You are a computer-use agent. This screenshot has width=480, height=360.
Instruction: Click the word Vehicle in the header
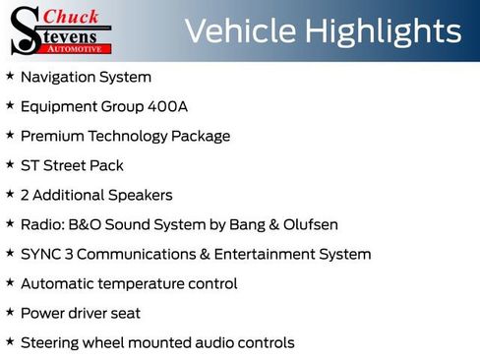[239, 31]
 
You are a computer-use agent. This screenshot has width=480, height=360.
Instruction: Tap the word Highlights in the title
[382, 31]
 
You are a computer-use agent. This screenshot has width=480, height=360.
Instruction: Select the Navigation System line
[86, 77]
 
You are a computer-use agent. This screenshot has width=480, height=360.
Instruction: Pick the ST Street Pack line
[72, 165]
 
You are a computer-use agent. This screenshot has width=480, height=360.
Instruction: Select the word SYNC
[39, 254]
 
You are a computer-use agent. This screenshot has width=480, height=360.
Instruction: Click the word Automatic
[58, 283]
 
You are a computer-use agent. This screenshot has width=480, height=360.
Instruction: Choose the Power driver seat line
[80, 313]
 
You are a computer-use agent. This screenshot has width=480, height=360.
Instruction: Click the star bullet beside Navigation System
[10, 76]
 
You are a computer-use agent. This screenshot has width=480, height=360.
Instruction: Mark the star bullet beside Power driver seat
[10, 312]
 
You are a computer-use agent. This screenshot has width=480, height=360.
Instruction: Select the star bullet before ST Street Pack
[10, 164]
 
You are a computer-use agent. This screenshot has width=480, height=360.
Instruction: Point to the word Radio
[41, 224]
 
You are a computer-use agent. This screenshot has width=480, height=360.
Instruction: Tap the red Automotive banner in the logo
[84, 46]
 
